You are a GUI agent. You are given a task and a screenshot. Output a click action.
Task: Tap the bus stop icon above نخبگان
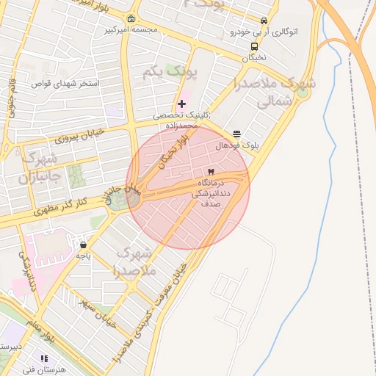(x=254, y=46)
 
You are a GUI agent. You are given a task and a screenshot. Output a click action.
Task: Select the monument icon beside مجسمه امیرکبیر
(x=131, y=19)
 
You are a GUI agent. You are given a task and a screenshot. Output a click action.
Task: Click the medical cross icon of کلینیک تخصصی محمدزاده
(x=182, y=104)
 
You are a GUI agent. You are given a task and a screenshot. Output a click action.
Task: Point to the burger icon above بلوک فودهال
(x=236, y=134)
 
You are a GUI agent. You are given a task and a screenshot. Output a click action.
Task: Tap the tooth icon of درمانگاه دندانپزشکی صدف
(x=211, y=172)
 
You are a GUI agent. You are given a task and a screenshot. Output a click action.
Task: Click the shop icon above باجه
(x=83, y=245)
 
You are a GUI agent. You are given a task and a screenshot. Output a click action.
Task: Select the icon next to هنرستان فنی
(x=44, y=358)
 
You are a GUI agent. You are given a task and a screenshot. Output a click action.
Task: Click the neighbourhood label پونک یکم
(x=183, y=73)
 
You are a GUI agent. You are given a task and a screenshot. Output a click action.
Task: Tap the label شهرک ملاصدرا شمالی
(x=275, y=93)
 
